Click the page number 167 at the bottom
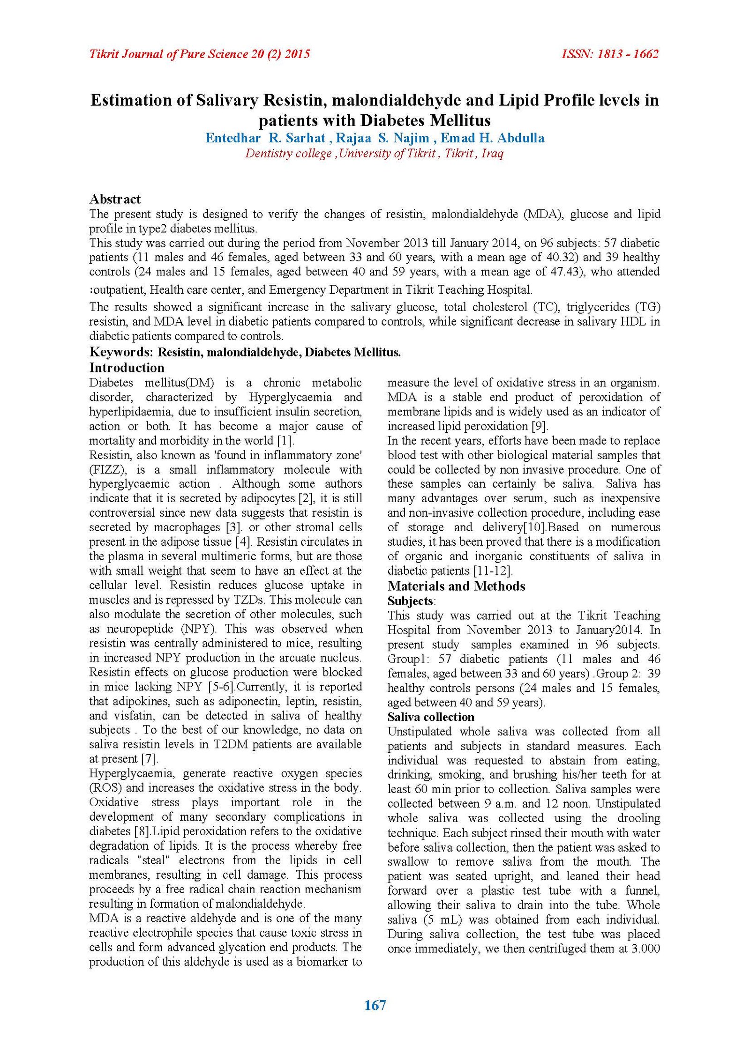pos(375,1005)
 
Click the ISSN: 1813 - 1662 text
pos(610,54)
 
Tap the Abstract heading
pos(115,199)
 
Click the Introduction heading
pos(127,368)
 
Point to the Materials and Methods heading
pos(456,586)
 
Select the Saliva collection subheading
pos(431,717)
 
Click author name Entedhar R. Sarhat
pos(265,138)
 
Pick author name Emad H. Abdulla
pos(492,138)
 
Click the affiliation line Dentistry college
pos(288,154)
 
